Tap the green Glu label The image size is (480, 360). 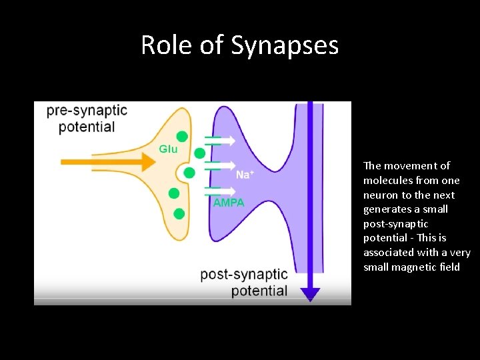click(168, 149)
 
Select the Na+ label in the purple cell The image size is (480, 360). click(245, 175)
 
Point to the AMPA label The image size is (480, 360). click(229, 203)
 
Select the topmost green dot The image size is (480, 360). click(182, 136)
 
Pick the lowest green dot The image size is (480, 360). click(179, 213)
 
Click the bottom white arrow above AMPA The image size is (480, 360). click(221, 191)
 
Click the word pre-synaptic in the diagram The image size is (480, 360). click(87, 111)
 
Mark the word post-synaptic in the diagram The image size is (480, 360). click(244, 275)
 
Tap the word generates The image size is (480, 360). click(387, 209)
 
